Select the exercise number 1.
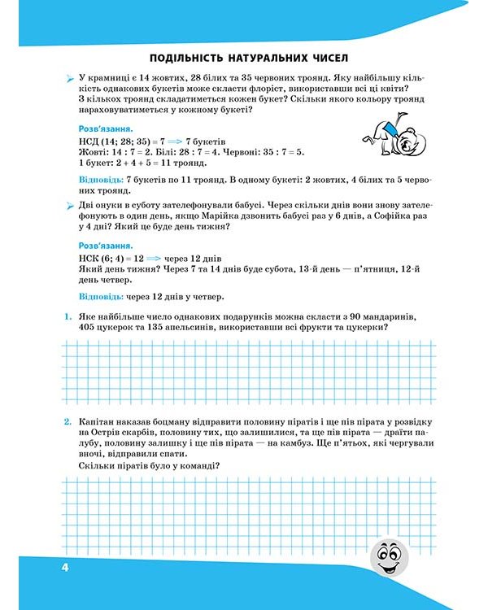70,315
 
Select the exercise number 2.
70,423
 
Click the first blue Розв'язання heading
105,129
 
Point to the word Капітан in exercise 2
100,423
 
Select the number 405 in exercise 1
90,327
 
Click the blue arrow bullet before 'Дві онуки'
70,206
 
